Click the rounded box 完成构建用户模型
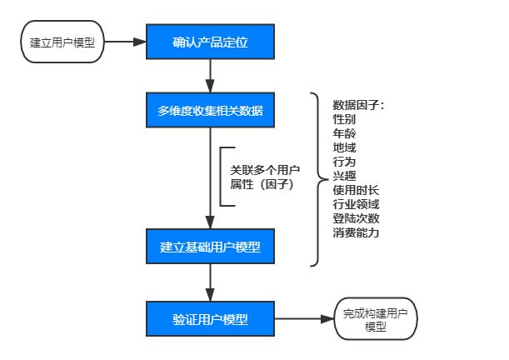pos(375,319)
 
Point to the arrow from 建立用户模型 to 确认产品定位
pos(125,41)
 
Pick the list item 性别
pos(344,119)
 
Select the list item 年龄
pos(344,133)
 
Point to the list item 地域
pos(344,147)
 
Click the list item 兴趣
pos(344,176)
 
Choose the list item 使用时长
pos(356,190)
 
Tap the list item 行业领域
pos(356,204)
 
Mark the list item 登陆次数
pos(356,218)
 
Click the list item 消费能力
pos(356,232)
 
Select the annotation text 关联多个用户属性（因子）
pos(265,177)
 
